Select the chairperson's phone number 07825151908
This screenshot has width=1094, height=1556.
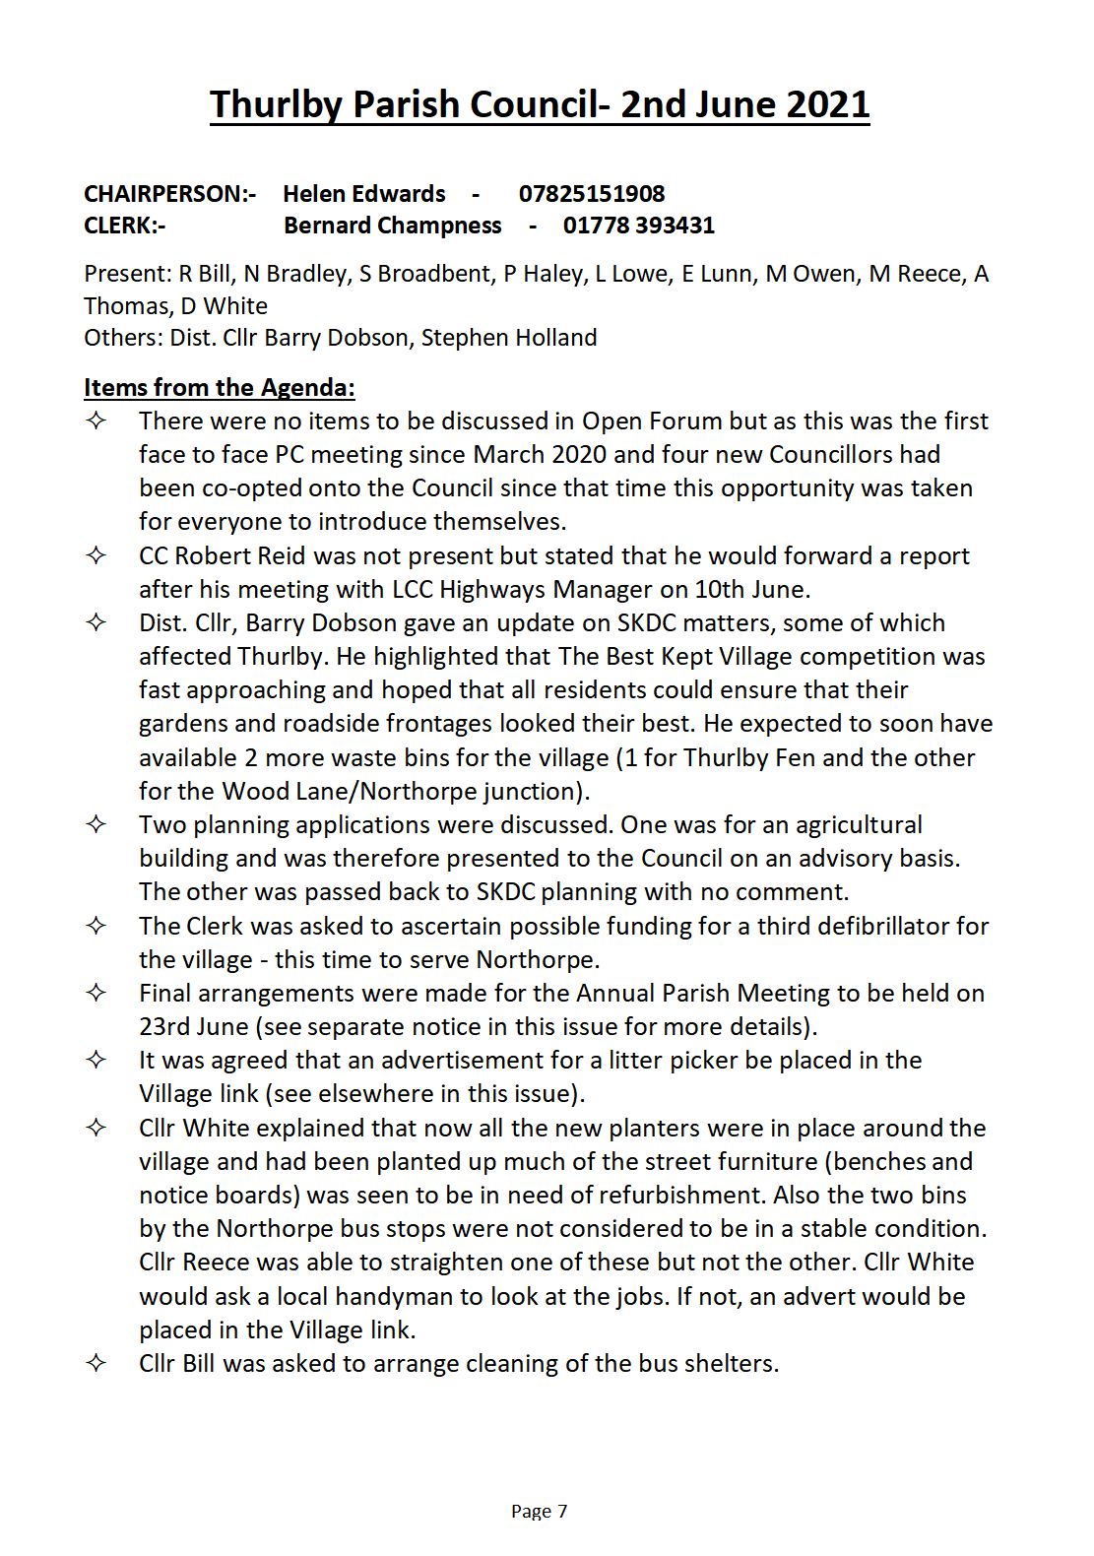592,194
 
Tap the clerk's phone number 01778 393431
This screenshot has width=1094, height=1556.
638,226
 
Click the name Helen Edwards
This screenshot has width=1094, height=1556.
364,194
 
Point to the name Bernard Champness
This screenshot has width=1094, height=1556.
392,226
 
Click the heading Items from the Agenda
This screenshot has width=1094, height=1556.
219,387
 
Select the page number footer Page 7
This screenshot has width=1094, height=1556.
539,1511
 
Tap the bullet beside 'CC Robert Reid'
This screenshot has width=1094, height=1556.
96,555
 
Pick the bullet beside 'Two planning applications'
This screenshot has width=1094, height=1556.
96,824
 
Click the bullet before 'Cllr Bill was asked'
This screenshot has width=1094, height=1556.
96,1363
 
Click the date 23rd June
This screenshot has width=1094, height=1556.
194,1026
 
